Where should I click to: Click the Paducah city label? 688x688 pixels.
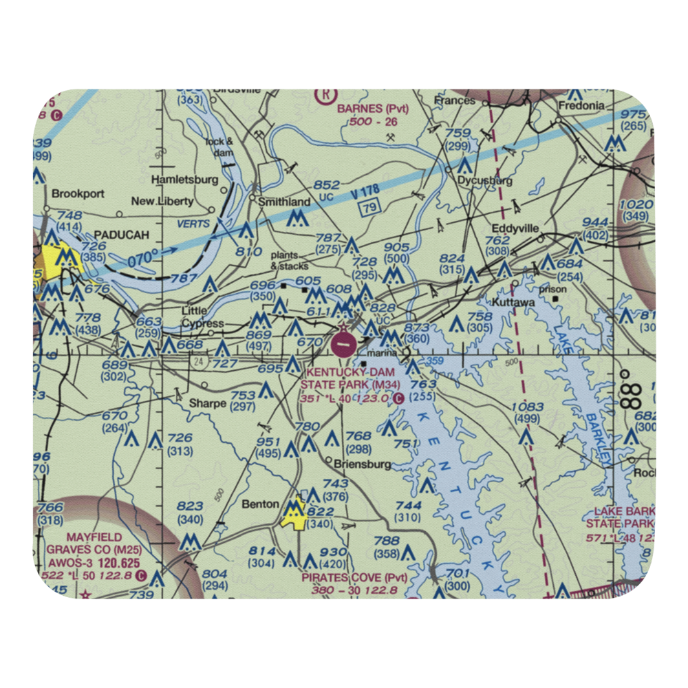click(x=121, y=235)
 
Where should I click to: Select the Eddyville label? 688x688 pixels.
click(x=515, y=228)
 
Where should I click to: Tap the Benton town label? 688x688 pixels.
click(x=260, y=504)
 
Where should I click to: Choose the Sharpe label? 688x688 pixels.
click(x=208, y=403)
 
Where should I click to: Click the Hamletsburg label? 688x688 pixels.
click(x=184, y=180)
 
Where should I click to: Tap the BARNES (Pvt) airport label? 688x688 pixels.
click(x=372, y=109)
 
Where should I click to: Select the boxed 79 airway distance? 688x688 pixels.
click(x=370, y=208)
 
